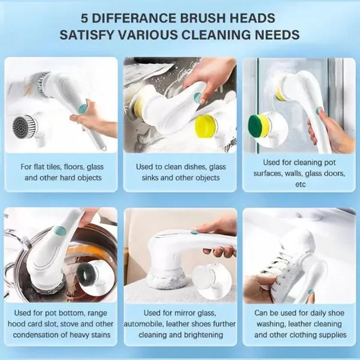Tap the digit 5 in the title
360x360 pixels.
(x=85, y=19)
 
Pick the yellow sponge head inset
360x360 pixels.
(x=206, y=126)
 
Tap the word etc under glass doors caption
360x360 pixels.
(x=301, y=184)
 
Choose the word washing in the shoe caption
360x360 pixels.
(x=271, y=324)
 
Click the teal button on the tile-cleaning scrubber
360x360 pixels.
(x=83, y=107)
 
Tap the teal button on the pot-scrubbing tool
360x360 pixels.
(x=60, y=231)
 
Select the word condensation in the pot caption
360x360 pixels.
(x=36, y=335)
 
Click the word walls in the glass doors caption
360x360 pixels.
(x=294, y=173)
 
